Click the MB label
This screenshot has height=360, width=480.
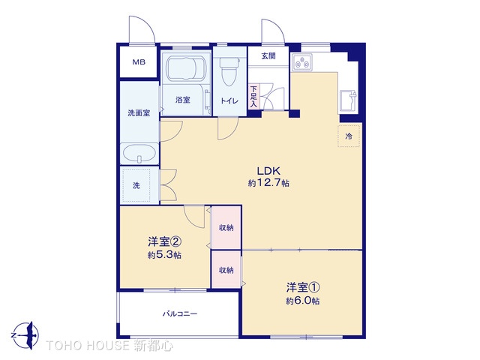[139, 63]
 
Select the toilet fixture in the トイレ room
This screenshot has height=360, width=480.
[229, 73]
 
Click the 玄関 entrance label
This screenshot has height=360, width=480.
[268, 56]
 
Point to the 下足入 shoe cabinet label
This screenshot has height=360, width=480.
[254, 97]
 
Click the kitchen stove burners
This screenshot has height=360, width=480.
[307, 63]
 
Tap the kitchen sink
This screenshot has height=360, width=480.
[349, 100]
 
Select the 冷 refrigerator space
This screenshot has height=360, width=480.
[349, 136]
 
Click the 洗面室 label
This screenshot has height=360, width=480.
[138, 113]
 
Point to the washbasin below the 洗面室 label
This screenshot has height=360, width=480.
[139, 155]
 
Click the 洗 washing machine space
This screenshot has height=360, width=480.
[136, 185]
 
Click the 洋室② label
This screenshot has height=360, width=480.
[163, 241]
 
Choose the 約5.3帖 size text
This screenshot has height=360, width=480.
[163, 255]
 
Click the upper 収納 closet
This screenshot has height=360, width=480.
[226, 227]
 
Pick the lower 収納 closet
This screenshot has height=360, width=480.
[226, 270]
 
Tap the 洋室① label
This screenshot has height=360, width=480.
[302, 286]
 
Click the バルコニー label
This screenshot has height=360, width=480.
[179, 313]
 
